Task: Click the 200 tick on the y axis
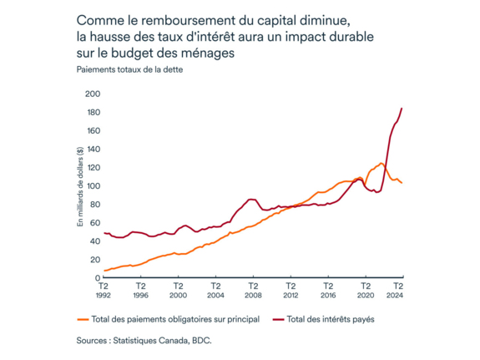coord(93,94)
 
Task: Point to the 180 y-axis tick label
coord(93,112)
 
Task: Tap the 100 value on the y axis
coord(93,185)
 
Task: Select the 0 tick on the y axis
coord(98,277)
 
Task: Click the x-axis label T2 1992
coord(103,291)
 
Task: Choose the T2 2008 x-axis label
coord(253,291)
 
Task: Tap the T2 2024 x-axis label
coord(397,291)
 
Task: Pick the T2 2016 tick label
coord(327,291)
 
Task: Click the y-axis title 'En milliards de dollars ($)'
coord(81,185)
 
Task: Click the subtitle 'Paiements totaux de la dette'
coord(129,70)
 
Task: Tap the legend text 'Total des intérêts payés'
coord(333,319)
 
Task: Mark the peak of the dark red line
coord(402,109)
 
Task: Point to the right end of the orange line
coord(402,183)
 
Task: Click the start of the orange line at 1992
coord(104,271)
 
